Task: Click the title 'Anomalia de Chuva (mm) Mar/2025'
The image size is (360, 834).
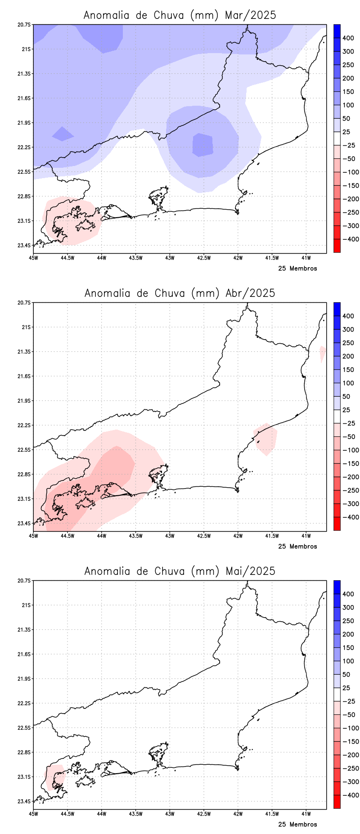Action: pyautogui.click(x=180, y=15)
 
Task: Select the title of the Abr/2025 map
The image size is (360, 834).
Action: pyautogui.click(x=180, y=293)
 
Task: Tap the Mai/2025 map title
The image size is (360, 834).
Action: pyautogui.click(x=180, y=571)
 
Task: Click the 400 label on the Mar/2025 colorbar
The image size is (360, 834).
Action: pyautogui.click(x=348, y=38)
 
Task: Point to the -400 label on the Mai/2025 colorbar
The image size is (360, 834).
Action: pyautogui.click(x=351, y=795)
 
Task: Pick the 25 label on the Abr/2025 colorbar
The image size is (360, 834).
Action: pyautogui.click(x=346, y=410)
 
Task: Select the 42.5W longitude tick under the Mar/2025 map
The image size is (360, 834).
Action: pyautogui.click(x=204, y=258)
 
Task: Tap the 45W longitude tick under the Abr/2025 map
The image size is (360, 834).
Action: pyautogui.click(x=33, y=536)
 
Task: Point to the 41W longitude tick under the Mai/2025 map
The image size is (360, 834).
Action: pyautogui.click(x=306, y=814)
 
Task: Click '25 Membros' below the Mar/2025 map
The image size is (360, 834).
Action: pyautogui.click(x=297, y=269)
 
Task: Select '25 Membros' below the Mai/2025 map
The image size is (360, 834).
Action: pyautogui.click(x=297, y=825)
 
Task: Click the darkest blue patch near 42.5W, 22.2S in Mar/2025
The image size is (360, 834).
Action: pyautogui.click(x=202, y=145)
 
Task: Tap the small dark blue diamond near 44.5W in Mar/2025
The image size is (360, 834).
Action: pyautogui.click(x=62, y=134)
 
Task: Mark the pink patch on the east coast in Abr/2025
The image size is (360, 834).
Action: pyautogui.click(x=266, y=439)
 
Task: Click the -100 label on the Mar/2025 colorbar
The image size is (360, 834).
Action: pyautogui.click(x=351, y=172)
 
